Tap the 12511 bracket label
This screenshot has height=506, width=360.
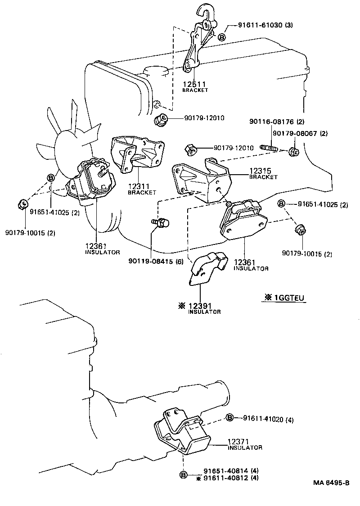(x=194, y=84)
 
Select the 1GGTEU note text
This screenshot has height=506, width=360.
(x=284, y=297)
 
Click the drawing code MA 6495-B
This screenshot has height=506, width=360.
(x=332, y=483)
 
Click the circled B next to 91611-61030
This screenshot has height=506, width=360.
(x=221, y=37)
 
